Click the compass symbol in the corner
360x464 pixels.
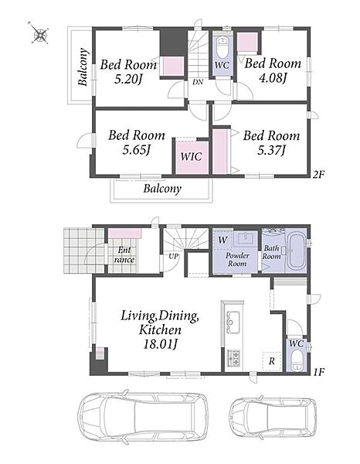coord(39,34)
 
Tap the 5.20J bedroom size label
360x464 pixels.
coord(128,79)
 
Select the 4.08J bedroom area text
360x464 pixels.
coord(273,78)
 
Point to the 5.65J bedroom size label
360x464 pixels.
coord(137,150)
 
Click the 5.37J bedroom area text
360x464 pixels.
coord(271,150)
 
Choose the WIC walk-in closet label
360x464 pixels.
coord(191,156)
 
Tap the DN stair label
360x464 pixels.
coord(198,82)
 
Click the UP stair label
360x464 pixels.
coord(174,255)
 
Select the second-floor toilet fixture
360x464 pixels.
coord(222,47)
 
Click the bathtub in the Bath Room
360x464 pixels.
coord(297,251)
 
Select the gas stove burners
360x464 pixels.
coord(233,357)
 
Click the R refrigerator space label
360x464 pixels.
coord(272,360)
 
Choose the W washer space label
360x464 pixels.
coord(222,240)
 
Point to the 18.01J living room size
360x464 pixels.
coord(160,344)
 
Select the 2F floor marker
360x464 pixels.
coord(318,175)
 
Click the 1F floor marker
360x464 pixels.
coord(318,371)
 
